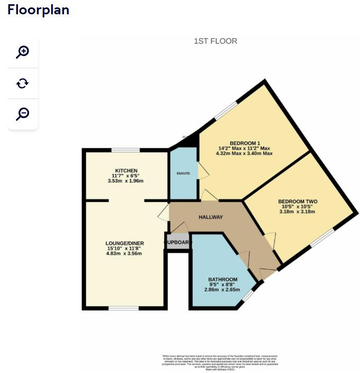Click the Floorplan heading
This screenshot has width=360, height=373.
pyautogui.click(x=38, y=10)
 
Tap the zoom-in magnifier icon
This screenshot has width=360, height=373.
pyautogui.click(x=22, y=52)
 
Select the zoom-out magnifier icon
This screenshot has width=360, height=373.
pyautogui.click(x=22, y=114)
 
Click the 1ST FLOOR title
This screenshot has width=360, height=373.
pyautogui.click(x=215, y=41)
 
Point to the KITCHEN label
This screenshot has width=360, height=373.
pyautogui.click(x=127, y=170)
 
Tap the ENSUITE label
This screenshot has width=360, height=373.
pyautogui.click(x=183, y=174)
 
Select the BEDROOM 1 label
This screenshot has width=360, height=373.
pyautogui.click(x=245, y=143)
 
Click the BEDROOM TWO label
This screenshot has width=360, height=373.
pyautogui.click(x=298, y=202)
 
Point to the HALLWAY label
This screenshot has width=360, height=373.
pyautogui.click(x=211, y=217)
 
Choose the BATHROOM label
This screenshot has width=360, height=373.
pyautogui.click(x=223, y=279)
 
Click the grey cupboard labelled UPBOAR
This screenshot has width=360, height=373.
pyautogui.click(x=178, y=243)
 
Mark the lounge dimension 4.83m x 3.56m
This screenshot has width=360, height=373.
pyautogui.click(x=124, y=253)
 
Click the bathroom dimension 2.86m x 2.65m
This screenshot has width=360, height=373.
pyautogui.click(x=223, y=289)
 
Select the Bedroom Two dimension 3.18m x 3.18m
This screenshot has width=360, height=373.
pyautogui.click(x=298, y=212)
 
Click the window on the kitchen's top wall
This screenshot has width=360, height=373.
pyautogui.click(x=125, y=150)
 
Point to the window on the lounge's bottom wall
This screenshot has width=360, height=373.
pyautogui.click(x=123, y=308)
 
